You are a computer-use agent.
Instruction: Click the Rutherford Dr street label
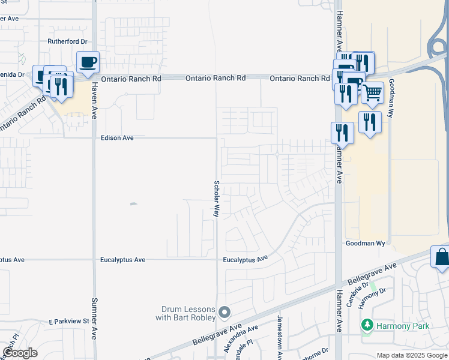click(68, 42)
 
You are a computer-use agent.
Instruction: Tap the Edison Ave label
click(117, 138)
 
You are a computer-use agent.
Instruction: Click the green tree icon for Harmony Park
click(367, 325)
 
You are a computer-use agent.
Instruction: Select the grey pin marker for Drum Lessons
click(224, 311)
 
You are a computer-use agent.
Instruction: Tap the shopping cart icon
click(372, 92)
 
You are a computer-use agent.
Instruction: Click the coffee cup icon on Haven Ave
click(88, 62)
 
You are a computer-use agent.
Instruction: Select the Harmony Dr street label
click(372, 299)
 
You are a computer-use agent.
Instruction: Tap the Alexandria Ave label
click(241, 339)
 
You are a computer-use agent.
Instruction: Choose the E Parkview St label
click(69, 322)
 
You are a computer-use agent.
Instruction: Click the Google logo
click(20, 352)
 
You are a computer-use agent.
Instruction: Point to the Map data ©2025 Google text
click(412, 355)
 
